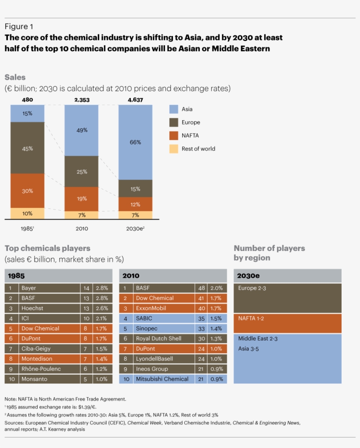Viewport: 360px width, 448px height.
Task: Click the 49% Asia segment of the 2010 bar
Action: [82, 130]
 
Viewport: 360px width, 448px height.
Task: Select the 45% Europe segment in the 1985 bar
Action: [27, 148]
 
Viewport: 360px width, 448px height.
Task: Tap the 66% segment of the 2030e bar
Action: [135, 142]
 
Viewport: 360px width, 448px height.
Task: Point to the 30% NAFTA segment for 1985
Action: [27, 191]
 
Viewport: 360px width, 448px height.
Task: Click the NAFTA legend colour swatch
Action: [174, 136]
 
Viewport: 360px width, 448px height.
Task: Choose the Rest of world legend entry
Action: [198, 149]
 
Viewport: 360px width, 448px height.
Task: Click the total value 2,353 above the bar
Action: [82, 100]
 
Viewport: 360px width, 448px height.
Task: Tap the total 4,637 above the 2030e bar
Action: [135, 100]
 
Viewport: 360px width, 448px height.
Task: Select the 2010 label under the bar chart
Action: [82, 229]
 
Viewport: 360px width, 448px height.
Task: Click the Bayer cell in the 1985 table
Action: [29, 288]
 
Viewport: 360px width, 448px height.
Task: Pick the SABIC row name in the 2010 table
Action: [144, 319]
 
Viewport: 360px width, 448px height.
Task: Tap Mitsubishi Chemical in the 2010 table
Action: [162, 379]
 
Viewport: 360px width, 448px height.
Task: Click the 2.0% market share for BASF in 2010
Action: [216, 288]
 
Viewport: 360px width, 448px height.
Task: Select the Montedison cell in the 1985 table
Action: [37, 359]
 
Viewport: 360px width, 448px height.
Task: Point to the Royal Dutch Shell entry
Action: [158, 339]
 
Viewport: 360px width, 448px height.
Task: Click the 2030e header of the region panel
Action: [248, 276]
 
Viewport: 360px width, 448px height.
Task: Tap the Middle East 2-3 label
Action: [258, 339]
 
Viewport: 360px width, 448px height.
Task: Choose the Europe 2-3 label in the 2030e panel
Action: [252, 288]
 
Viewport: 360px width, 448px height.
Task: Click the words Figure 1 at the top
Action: [19, 26]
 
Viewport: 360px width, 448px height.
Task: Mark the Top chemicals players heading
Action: [47, 248]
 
